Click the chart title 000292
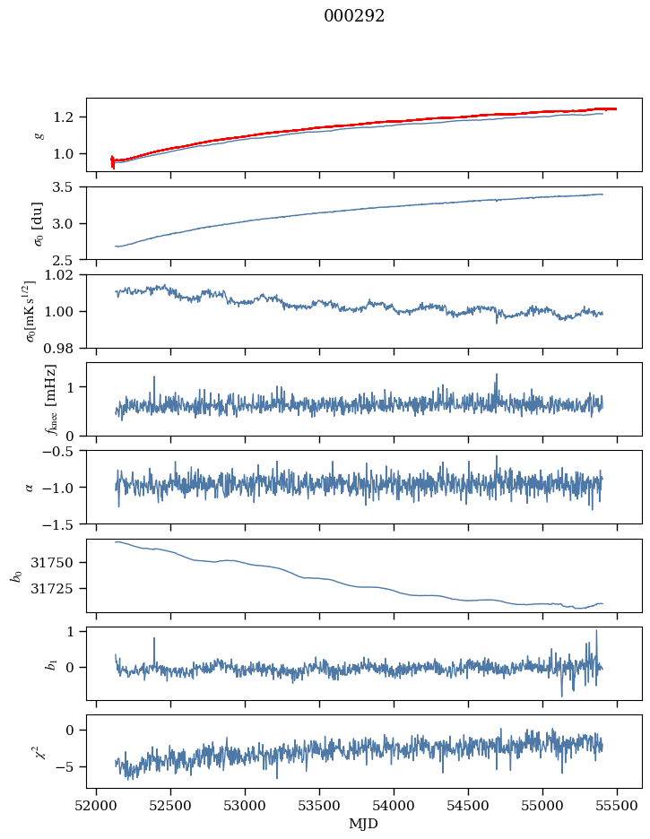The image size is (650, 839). [354, 16]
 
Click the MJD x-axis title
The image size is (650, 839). [364, 824]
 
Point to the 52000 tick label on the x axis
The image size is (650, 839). [97, 806]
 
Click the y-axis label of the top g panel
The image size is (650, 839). [39, 135]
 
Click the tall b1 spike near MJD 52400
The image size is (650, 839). [154, 639]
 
